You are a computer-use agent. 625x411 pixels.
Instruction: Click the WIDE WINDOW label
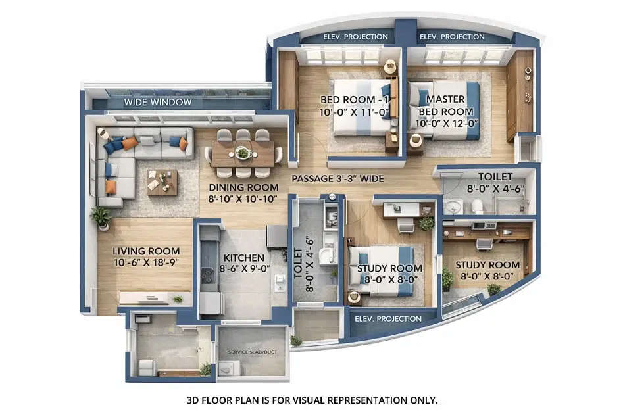158,103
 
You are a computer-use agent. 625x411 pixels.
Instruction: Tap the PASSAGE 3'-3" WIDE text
337,178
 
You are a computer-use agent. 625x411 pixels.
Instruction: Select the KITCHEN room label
243,258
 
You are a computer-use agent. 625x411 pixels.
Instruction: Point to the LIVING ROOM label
145,251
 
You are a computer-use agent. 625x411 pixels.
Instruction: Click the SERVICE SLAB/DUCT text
253,352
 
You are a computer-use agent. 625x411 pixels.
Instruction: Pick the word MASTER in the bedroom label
445,99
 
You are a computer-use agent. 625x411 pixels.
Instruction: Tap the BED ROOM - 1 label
346,99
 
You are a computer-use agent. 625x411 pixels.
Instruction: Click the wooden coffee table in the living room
162,181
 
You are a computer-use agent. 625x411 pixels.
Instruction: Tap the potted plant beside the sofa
101,216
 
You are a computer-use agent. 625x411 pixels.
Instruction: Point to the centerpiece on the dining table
243,153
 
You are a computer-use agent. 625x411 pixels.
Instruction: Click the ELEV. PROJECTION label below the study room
387,319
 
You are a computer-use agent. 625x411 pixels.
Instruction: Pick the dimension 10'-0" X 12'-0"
445,123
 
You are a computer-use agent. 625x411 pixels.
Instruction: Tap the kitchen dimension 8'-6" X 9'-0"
243,269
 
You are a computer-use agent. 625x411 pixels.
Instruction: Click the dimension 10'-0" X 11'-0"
346,112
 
